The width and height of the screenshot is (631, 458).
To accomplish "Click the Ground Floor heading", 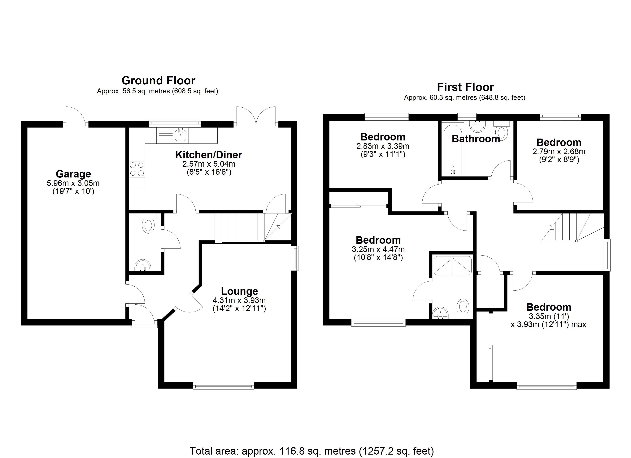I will [x=158, y=81].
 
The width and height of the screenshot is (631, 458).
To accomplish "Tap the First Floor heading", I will [x=465, y=87].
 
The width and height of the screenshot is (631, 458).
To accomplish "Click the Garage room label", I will [x=73, y=174].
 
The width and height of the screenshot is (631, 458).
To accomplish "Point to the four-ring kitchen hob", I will [x=137, y=169].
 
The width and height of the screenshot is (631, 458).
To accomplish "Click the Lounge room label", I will [x=239, y=291].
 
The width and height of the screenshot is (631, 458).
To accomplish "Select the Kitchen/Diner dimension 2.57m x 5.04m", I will [x=209, y=164].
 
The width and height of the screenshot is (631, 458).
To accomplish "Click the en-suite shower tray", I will [x=453, y=266].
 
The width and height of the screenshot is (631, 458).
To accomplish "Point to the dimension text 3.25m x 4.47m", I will [x=378, y=249].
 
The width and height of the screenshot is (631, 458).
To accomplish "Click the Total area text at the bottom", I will [x=312, y=451].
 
